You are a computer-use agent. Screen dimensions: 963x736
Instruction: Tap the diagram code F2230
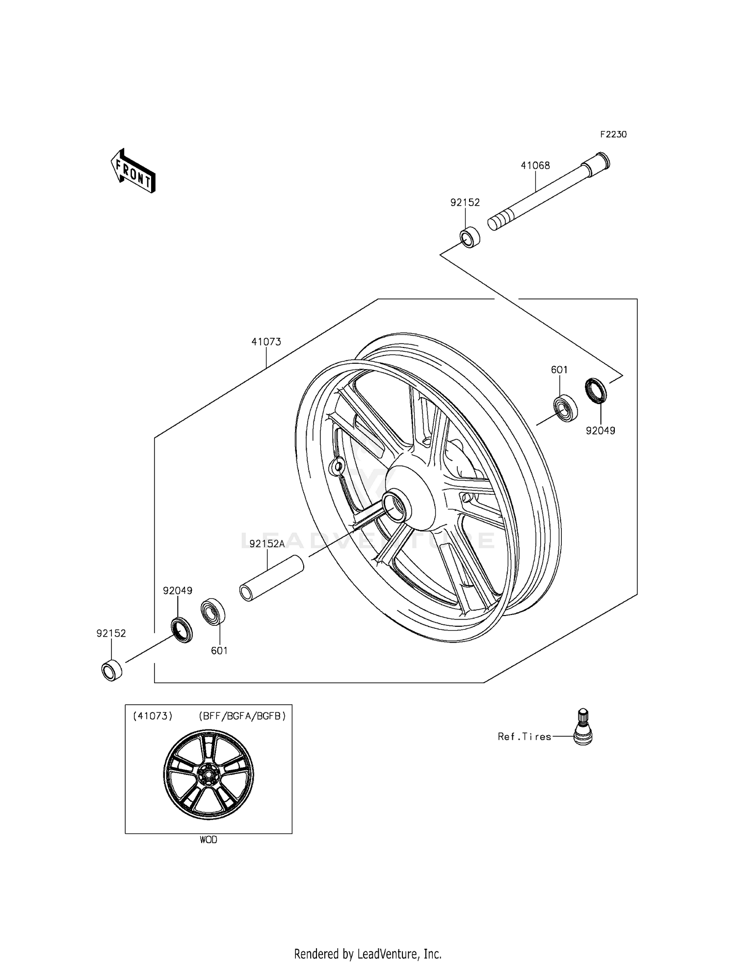[x=613, y=134]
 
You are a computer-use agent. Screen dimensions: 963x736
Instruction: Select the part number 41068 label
[x=535, y=166]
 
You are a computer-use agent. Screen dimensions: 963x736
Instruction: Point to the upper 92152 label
[x=465, y=202]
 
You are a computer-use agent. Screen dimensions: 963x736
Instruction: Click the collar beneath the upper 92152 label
[x=470, y=237]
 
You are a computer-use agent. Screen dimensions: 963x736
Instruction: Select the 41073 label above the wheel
[x=266, y=342]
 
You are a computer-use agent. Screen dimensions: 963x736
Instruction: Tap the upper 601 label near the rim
[x=559, y=370]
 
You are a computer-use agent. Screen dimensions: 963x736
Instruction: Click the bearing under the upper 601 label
[x=566, y=408]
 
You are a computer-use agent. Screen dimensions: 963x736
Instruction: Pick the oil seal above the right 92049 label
[x=596, y=391]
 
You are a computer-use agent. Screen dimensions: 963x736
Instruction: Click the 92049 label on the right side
[x=600, y=430]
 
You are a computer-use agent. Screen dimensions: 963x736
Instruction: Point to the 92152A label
[x=267, y=543]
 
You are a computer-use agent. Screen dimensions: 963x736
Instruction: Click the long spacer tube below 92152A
[x=271, y=578]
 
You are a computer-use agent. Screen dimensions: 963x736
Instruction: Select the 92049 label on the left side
[x=177, y=591]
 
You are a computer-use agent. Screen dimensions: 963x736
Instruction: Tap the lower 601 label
[x=219, y=650]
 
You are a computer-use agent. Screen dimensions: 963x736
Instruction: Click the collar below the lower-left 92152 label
[x=112, y=670]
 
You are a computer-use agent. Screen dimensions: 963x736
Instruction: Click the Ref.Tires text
[x=524, y=736]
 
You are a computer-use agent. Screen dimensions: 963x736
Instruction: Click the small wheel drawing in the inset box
[x=208, y=775]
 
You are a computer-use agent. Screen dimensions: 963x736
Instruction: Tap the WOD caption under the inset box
[x=208, y=840]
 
